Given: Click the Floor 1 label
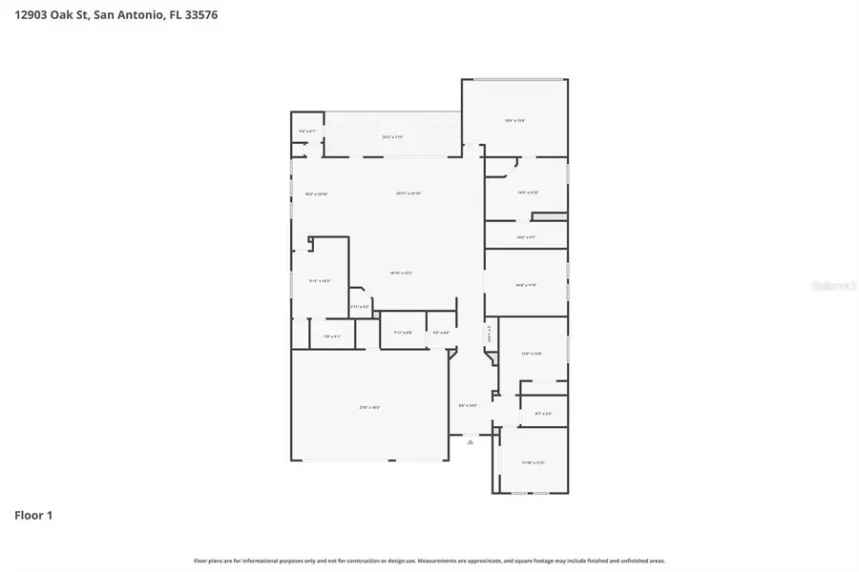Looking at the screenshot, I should pos(33,516).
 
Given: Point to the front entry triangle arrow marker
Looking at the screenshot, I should pos(470,441).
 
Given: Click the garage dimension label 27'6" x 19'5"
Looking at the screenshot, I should pos(370,407).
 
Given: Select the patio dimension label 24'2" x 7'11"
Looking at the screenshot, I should pos(392,137).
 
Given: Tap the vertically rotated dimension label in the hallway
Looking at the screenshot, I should pos(489,337).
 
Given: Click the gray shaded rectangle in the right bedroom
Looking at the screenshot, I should pos(550,215).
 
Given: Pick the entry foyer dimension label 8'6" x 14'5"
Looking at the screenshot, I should pos(468,406).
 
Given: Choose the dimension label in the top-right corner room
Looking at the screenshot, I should pos(515,121).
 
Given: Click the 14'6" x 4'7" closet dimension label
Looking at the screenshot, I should pos(525,237).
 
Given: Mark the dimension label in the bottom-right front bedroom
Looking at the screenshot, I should pos(533,462).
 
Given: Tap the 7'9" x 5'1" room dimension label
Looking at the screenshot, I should pos(332,336).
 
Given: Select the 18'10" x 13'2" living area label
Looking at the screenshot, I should pos(400,274).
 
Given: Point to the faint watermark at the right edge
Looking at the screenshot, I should pos(828,285).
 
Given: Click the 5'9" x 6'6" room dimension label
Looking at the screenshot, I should pos(441,333).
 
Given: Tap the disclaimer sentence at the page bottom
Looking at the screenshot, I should pos(429,561).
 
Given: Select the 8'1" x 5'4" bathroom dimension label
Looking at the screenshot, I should pos(543,413).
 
